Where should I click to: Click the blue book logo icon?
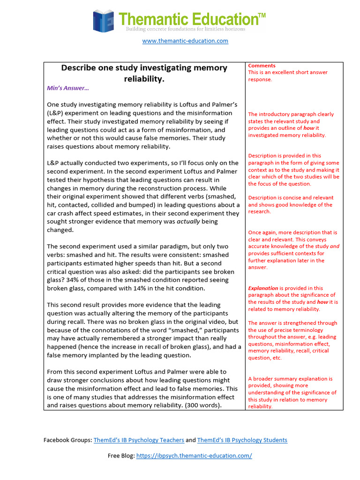[104, 21]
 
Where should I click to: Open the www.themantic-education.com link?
[185, 41]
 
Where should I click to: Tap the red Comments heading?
[262, 66]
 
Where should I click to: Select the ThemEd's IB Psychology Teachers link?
[139, 440]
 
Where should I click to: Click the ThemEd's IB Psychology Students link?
[242, 440]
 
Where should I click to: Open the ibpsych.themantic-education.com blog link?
[194, 456]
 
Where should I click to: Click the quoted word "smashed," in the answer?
[195, 330]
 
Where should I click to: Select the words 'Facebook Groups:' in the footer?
[67, 440]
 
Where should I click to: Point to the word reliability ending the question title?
[144, 79]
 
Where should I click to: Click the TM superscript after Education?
[262, 15]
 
